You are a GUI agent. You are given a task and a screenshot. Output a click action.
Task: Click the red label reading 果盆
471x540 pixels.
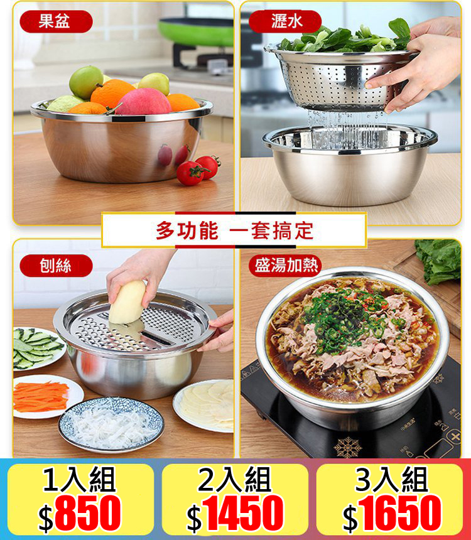pos(56,21)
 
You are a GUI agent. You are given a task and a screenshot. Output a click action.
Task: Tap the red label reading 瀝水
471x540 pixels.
pos(285,21)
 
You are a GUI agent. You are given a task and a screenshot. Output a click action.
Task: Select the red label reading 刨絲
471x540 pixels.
pos(56,266)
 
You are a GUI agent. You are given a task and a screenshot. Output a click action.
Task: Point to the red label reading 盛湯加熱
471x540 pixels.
pos(285,266)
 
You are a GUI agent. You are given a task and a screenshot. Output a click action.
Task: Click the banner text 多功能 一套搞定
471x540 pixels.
pos(234,230)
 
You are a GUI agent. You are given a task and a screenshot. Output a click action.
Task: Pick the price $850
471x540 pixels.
pos(80,513)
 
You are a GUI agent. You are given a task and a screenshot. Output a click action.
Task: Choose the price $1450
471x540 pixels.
pos(235,513)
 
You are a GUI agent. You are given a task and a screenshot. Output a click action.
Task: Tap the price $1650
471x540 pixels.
pos(392,513)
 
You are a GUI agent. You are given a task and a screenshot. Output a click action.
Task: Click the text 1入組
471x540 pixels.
pos(79,480)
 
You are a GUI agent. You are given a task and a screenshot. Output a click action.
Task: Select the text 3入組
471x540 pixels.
pos(392,480)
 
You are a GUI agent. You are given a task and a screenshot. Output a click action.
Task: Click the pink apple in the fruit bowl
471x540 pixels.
pos(143,102)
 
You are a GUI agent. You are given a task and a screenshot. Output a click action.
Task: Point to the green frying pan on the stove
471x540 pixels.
pos(196,31)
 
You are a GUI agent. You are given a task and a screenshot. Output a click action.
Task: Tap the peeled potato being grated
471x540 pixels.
pos(127,302)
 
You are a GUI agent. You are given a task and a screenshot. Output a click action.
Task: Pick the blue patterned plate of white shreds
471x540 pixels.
pos(111,424)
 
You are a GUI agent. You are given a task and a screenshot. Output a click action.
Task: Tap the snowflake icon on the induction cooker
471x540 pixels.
pos(348,447)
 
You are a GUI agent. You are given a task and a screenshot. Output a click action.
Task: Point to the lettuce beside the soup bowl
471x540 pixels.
pos(439,261)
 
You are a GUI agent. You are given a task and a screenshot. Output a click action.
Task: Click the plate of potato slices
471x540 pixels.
pos(205,406)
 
